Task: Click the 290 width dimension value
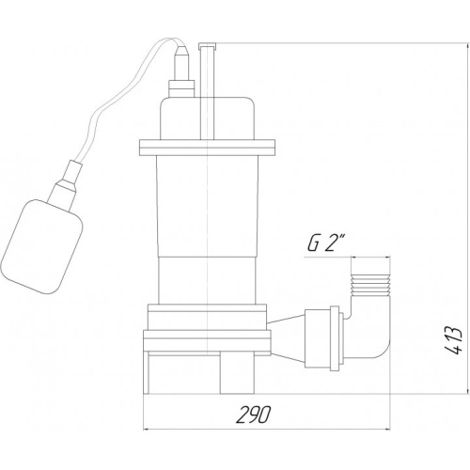click(x=252, y=415)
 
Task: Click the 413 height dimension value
click(x=453, y=340)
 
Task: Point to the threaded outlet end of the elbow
click(x=371, y=285)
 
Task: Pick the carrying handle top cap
click(x=207, y=46)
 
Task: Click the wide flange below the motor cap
click(x=207, y=148)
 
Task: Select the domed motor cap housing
click(x=207, y=118)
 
